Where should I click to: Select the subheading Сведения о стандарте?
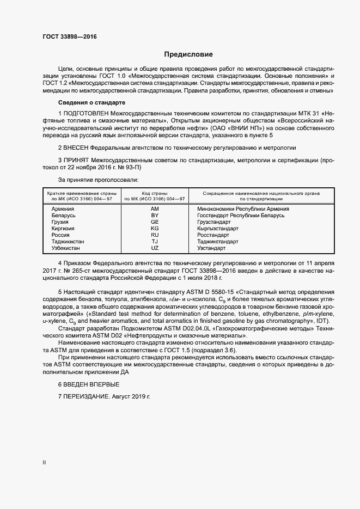click(x=91, y=103)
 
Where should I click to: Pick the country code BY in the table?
click(x=154, y=216)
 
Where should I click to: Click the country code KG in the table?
click(x=154, y=229)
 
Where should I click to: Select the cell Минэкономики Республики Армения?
click(x=243, y=209)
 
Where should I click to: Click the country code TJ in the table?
click(x=154, y=242)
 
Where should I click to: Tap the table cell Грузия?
click(x=60, y=222)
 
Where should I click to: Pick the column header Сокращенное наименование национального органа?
click(x=260, y=193)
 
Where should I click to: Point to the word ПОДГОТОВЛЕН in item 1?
click(x=90, y=113)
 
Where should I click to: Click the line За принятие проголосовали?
click(x=98, y=179)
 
